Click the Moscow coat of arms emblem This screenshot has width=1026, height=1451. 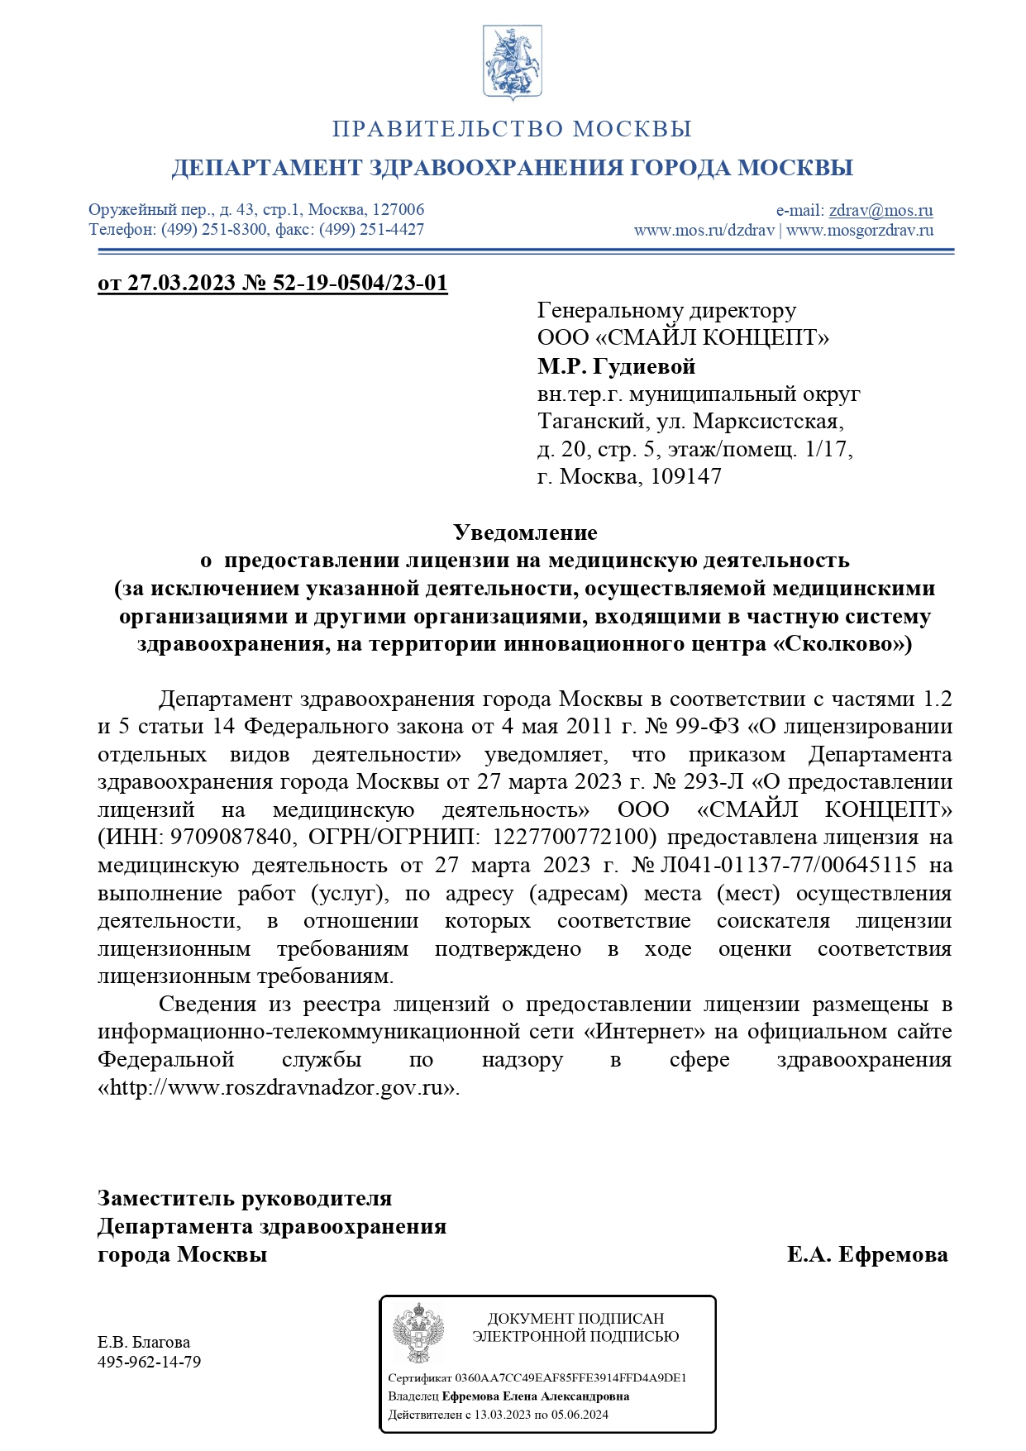point(513,63)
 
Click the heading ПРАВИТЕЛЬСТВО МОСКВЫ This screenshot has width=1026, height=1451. point(512,129)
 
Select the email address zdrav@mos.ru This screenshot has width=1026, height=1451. point(880,210)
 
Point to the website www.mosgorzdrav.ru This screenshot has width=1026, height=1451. point(860,230)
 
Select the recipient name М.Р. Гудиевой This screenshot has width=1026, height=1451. point(616,365)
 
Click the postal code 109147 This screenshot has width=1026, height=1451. point(685,476)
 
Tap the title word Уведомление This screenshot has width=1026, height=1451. point(525,532)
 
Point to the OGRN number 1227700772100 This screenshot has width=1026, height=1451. point(575,837)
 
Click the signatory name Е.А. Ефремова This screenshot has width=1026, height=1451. point(866,1254)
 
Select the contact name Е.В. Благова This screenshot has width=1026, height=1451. point(144,1341)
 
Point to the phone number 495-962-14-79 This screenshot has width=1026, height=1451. point(149,1362)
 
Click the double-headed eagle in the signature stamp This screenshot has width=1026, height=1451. point(418,1333)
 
